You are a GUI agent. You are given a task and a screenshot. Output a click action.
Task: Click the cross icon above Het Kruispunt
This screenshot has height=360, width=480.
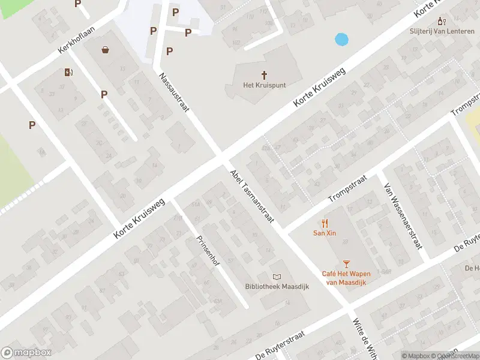coord(264,74)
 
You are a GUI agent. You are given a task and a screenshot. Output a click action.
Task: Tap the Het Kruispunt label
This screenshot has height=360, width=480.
coord(264,85)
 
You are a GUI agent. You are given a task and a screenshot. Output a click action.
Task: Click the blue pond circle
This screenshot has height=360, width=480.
coord(341,40)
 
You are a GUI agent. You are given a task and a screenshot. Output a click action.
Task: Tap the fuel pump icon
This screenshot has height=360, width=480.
coord(68,73)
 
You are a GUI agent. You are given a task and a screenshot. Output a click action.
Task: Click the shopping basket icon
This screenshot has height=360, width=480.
coord(106,50)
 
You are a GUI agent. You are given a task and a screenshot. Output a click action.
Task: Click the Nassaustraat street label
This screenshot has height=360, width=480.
coord(175,92)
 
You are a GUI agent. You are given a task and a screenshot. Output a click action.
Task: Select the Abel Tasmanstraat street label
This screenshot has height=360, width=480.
coord(252,197)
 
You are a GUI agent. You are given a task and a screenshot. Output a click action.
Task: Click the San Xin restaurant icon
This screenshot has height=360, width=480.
coord(325,223)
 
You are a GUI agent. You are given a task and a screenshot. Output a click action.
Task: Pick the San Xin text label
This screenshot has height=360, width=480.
coord(325,233)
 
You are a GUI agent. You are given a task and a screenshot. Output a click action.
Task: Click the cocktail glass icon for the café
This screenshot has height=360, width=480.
coord(346,263)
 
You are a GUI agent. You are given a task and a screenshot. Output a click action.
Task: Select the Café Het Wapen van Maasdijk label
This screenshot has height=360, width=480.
coord(346,278)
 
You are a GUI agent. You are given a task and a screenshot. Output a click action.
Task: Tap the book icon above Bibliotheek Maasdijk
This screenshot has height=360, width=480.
coord(277,277)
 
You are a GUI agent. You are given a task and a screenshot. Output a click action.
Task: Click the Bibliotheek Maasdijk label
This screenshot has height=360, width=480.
coord(277,287)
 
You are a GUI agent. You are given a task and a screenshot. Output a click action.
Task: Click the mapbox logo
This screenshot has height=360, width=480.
coord(27,353)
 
